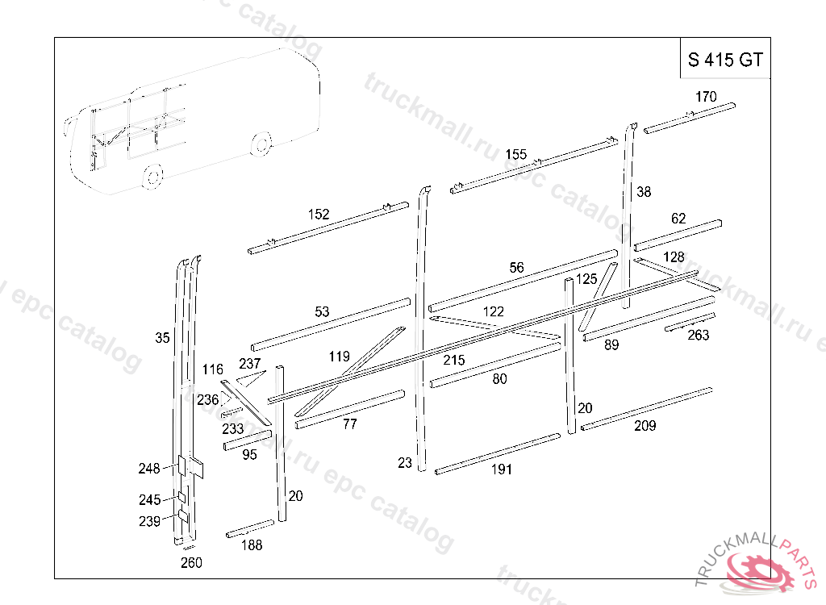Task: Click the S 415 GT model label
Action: point(724,60)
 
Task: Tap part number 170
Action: point(705,97)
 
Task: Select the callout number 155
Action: point(516,155)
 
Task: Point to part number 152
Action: point(319,214)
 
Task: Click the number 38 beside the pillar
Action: point(643,192)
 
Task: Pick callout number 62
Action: point(678,219)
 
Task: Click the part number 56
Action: point(516,268)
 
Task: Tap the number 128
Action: point(674,257)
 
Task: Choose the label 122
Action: point(493,312)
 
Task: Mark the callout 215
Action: point(454,361)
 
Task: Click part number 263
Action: point(698,336)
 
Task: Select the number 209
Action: point(645,426)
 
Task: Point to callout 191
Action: point(501,469)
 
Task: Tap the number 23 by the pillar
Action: point(405,462)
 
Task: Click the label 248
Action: point(149,468)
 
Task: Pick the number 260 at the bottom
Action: point(191,563)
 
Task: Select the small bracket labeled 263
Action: point(689,323)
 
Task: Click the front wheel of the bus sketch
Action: point(153,174)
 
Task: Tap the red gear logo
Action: point(758,569)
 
